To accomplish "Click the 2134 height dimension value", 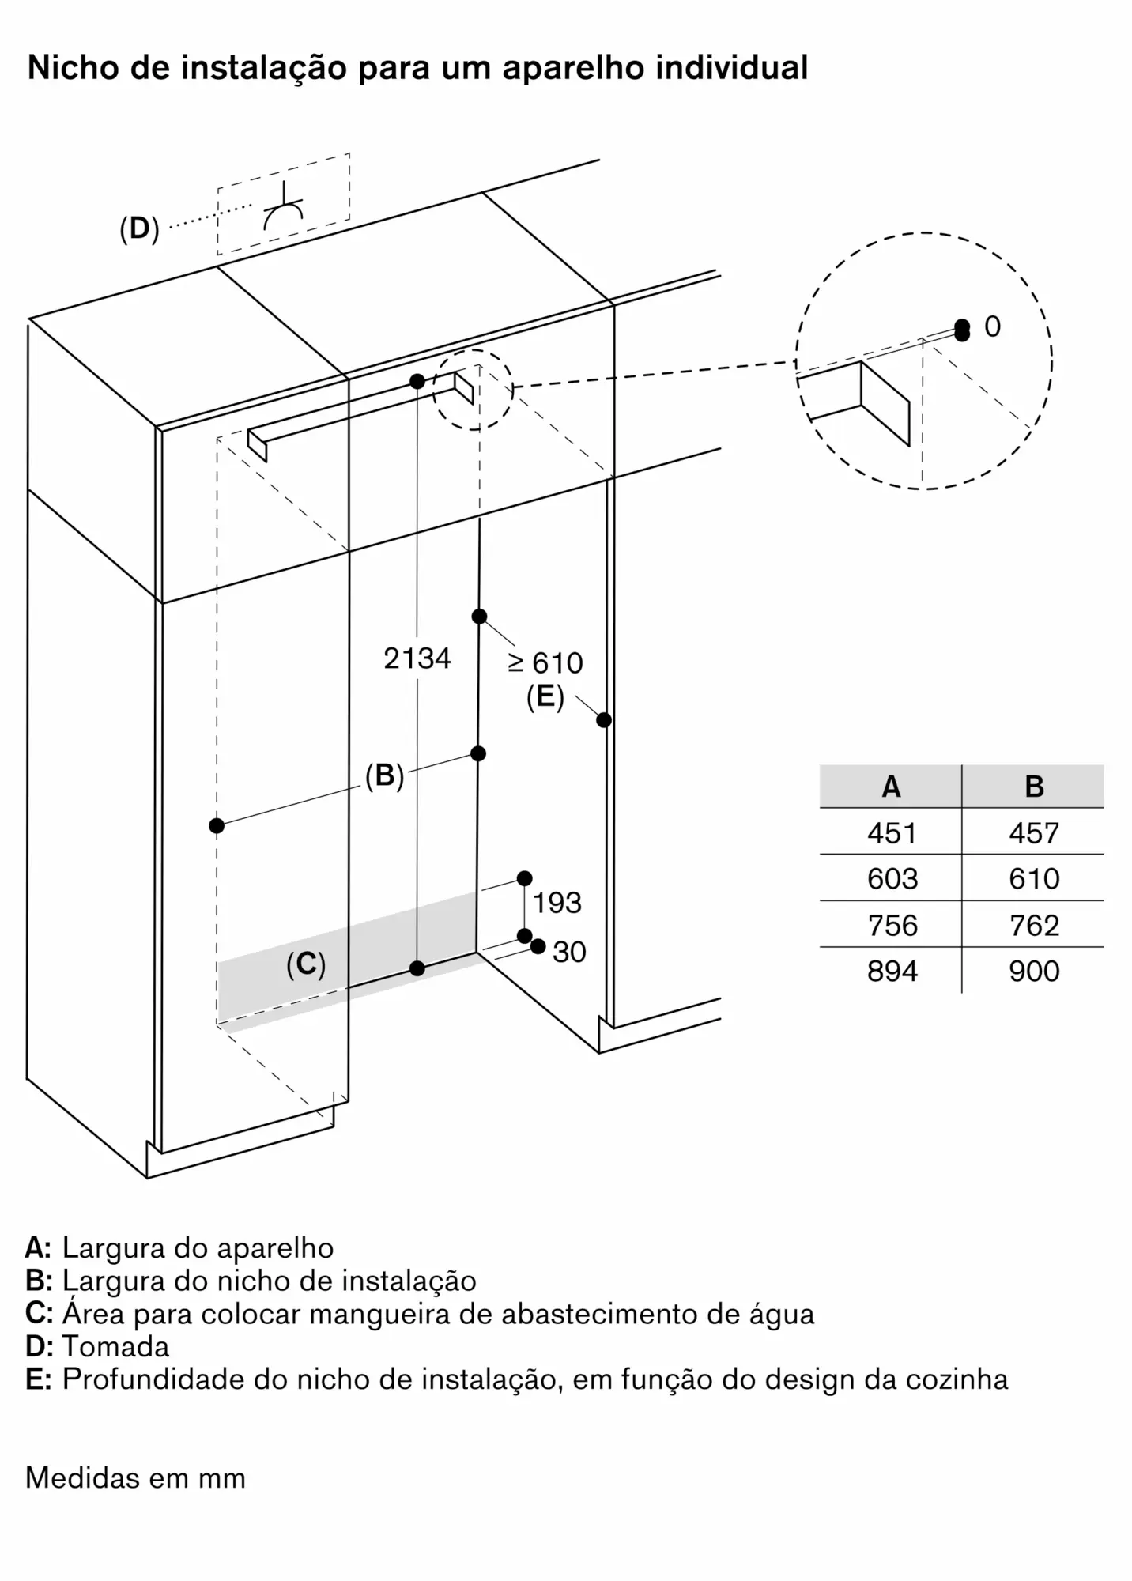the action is click(x=417, y=658).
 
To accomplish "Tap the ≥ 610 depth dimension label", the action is click(x=545, y=662).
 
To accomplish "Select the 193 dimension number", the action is click(x=557, y=903).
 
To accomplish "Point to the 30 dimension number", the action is click(x=569, y=952).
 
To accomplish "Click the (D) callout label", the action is click(x=139, y=229).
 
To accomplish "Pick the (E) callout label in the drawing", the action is click(x=545, y=697).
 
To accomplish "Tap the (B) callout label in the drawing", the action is click(x=385, y=775).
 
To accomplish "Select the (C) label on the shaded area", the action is click(x=306, y=964).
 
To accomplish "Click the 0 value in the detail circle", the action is click(x=992, y=326).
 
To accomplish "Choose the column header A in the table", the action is click(x=891, y=787).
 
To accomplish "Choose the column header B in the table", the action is click(x=1034, y=787).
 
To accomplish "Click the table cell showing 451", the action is click(x=892, y=832).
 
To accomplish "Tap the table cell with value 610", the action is click(x=1034, y=878).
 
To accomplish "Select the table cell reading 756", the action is click(x=892, y=925).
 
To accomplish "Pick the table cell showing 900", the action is click(x=1034, y=971).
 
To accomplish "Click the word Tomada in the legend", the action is click(x=115, y=1345).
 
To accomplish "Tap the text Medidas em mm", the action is click(x=135, y=1477).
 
